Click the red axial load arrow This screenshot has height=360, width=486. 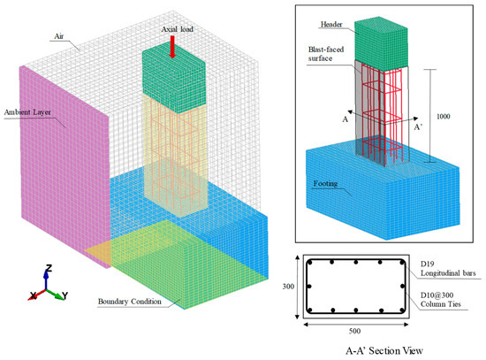pyautogui.click(x=172, y=49)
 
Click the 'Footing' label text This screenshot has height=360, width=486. pyautogui.click(x=326, y=185)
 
